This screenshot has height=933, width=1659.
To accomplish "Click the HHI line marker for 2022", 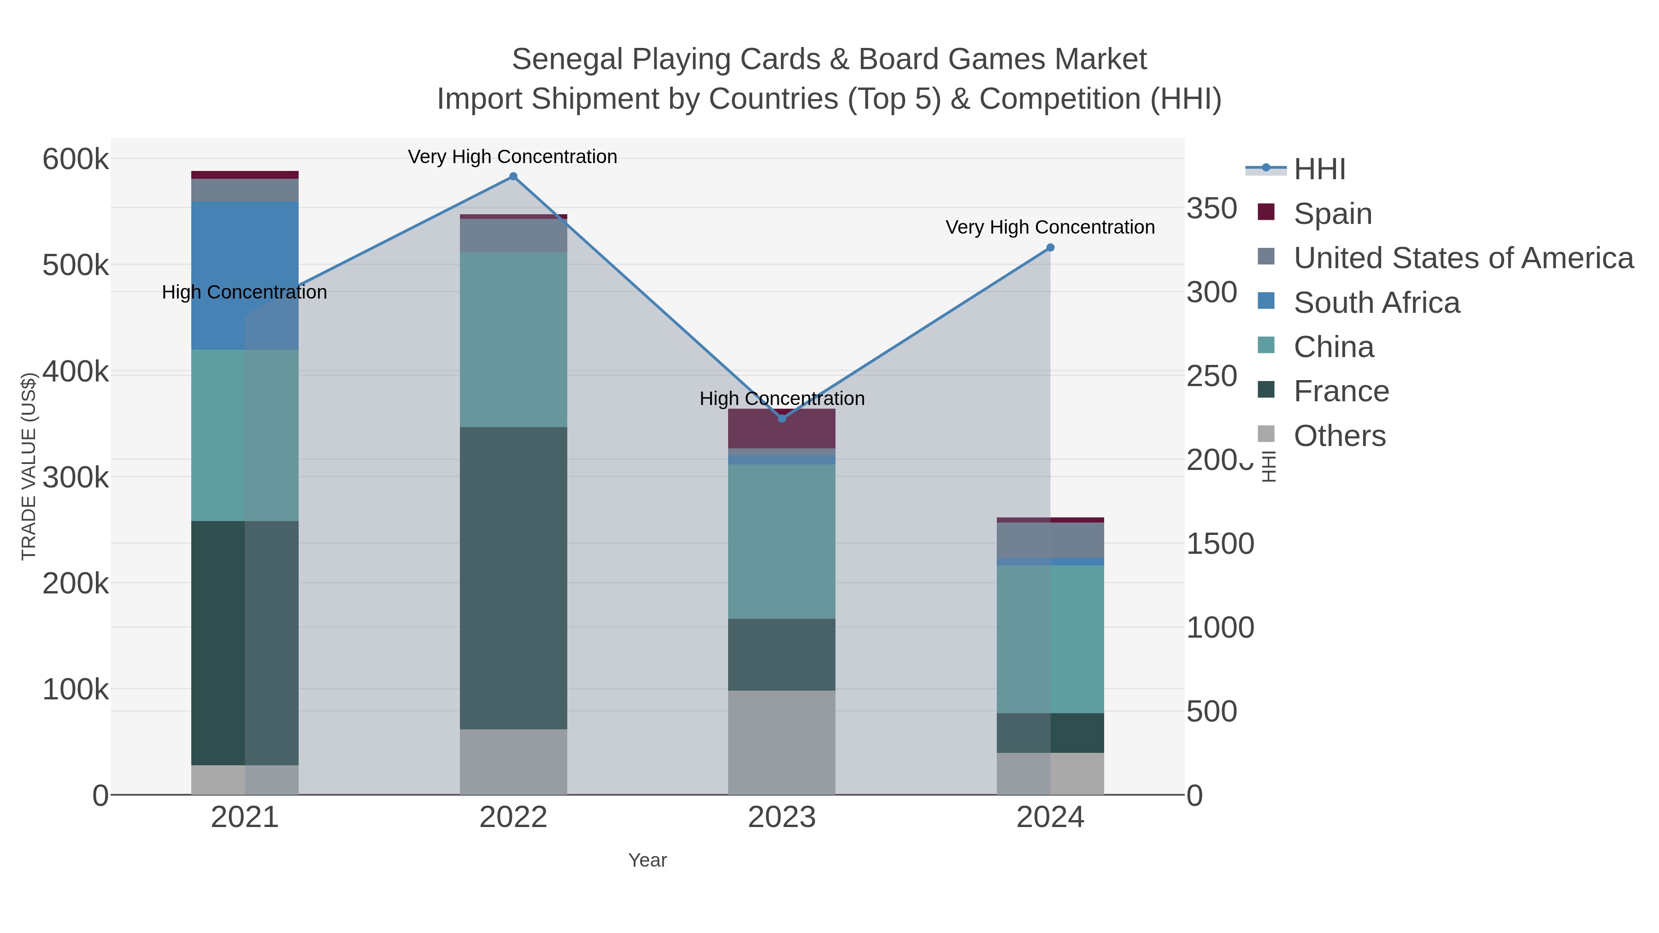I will (513, 176).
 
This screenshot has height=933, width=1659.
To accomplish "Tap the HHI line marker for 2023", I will (782, 418).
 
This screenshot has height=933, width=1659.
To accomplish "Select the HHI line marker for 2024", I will (1050, 248).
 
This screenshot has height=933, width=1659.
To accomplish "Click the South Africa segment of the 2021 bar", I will (245, 275).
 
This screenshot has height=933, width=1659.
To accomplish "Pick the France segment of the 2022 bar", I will (513, 578).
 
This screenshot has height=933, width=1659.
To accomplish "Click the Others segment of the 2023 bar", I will (782, 742).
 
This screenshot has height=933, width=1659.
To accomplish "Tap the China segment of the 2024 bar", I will (1050, 639).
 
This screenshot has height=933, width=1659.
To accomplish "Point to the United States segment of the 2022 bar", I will (513, 235).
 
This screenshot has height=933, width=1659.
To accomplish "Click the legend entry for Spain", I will (1332, 213).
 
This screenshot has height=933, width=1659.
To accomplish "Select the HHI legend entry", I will (1319, 170).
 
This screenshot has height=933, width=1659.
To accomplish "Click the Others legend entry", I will (1339, 436).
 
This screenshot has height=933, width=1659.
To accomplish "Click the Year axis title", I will (647, 860).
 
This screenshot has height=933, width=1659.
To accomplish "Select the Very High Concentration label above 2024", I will (1050, 227).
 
